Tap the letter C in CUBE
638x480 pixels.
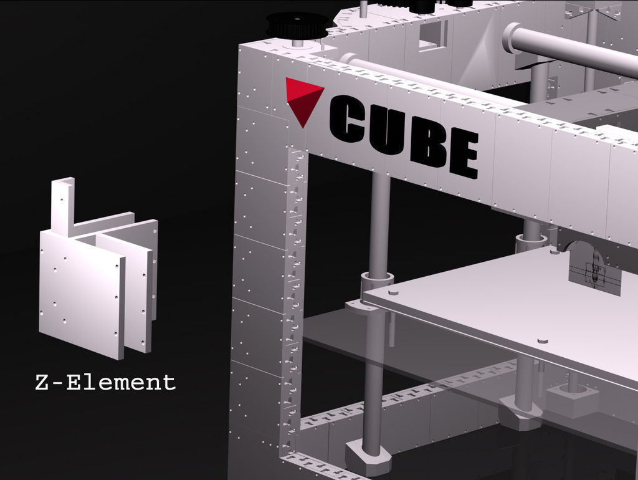tap(347, 119)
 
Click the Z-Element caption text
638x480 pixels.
tap(105, 382)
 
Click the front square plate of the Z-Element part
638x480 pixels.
tap(81, 293)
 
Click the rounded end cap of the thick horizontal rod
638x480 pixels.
tap(513, 36)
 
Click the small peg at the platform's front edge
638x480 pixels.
tap(541, 342)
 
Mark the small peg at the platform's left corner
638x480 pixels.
tap(393, 291)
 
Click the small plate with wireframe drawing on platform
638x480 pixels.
tap(594, 274)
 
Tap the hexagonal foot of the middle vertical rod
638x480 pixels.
tap(521, 415)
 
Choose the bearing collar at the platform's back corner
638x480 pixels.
tap(530, 239)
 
